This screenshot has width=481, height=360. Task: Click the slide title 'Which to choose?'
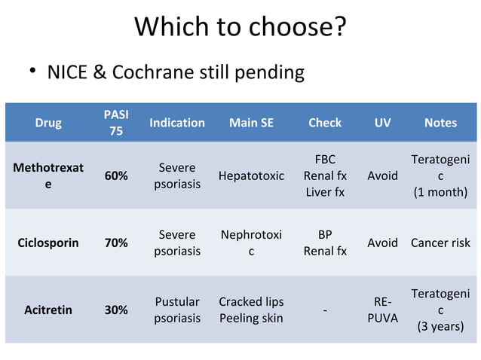tap(240, 27)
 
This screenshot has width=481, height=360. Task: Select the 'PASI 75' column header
tap(115, 122)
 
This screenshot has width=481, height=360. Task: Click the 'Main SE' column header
tap(251, 122)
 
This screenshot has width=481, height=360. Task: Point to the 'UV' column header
tap(382, 122)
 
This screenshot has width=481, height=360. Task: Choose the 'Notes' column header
tap(440, 122)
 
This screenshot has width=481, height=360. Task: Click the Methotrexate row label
tap(48, 175)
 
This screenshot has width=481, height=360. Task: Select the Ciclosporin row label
tap(48, 243)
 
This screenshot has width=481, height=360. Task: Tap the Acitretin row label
tap(48, 310)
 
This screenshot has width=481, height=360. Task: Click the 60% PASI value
tap(115, 175)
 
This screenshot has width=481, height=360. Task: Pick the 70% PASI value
tap(115, 243)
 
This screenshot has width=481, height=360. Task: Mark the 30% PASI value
tap(115, 310)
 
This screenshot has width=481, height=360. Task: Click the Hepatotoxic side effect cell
tap(251, 175)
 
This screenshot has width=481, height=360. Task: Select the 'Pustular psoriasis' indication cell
tap(177, 310)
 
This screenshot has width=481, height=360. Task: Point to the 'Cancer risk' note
tap(440, 243)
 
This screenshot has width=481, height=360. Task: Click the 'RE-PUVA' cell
tap(382, 310)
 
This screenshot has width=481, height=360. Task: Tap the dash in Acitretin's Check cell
tap(325, 310)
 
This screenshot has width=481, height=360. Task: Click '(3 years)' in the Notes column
tap(440, 326)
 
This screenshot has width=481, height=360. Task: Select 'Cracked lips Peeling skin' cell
tap(251, 310)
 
